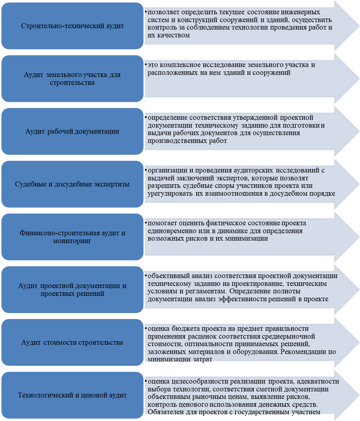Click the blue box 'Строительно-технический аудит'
tap(72, 26)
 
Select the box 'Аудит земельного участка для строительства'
tap(72, 79)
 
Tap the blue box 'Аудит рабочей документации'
tap(72, 131)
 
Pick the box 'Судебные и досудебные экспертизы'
tap(72, 184)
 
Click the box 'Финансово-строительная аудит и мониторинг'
tap(72, 237)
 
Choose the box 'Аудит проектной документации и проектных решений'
tap(72, 290)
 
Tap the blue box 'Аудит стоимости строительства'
tap(72, 342)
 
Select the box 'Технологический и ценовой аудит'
tap(72, 395)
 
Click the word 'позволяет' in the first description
tap(164, 12)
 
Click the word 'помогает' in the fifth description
tap(162, 223)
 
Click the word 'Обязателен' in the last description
tap(166, 412)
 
